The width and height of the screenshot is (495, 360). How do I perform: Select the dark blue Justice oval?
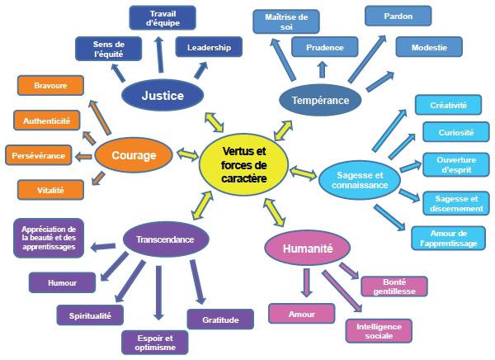[x=163, y=96]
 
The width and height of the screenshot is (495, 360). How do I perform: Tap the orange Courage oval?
[x=133, y=154]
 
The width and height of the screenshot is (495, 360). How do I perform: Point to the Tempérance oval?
[x=320, y=101]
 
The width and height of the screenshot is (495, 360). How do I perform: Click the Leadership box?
[x=209, y=48]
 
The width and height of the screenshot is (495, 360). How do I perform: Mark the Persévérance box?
[x=38, y=154]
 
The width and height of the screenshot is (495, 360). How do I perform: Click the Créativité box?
[x=448, y=105]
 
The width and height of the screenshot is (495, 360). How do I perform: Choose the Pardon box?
[x=398, y=16]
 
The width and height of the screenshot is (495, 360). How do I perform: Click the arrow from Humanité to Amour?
[x=307, y=280]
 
